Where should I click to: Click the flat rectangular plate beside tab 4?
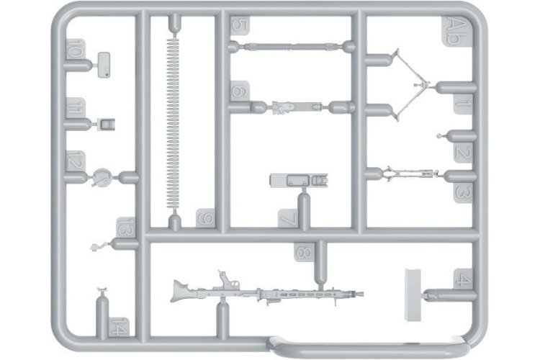415,294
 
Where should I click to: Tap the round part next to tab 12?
103,175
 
